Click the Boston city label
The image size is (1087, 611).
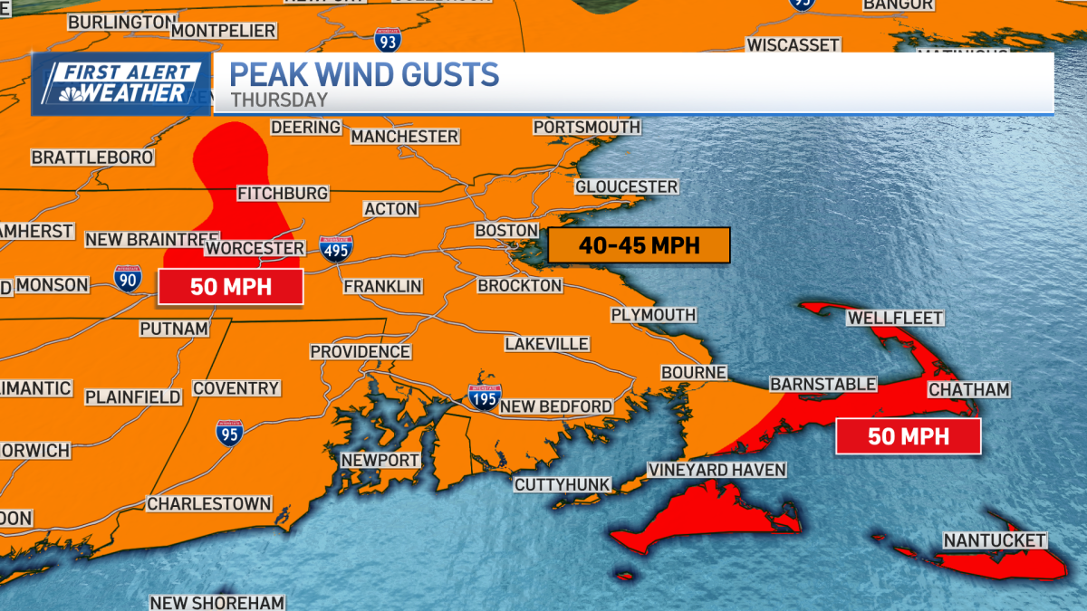(506, 231)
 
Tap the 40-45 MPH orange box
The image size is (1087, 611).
(639, 245)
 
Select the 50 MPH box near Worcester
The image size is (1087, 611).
(230, 287)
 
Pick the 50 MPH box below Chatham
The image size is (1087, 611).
(908, 436)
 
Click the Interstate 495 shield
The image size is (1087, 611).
(336, 249)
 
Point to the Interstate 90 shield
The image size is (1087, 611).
(128, 279)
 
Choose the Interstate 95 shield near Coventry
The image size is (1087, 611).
(229, 433)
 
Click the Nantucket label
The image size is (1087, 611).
(995, 540)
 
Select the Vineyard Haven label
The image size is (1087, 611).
(717, 471)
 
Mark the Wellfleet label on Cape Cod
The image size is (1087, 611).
(895, 318)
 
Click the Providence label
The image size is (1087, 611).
(360, 351)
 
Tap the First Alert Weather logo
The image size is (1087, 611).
(121, 84)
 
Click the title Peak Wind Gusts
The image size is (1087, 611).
(364, 74)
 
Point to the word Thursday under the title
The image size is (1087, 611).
(279, 100)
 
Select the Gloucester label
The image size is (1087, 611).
(626, 186)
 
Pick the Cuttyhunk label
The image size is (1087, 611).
(562, 484)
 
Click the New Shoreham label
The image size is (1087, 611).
(217, 602)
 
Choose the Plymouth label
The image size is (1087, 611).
(653, 315)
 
